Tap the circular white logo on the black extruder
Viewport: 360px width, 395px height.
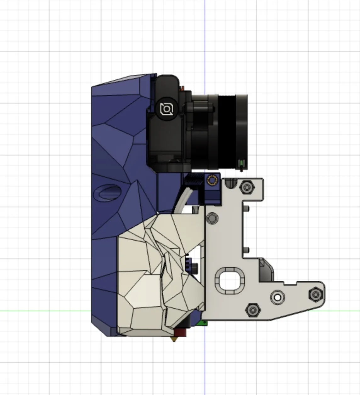click(166, 109)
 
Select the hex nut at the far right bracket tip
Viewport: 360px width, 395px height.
click(315, 294)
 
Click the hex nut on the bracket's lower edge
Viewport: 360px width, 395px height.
click(253, 310)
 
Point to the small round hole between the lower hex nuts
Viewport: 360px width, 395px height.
click(278, 297)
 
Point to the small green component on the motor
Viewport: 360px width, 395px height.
click(241, 163)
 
